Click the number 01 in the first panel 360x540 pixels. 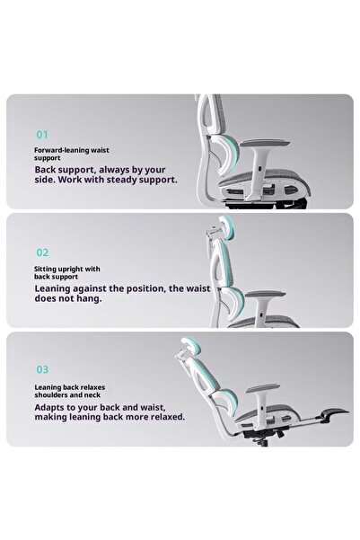click(41, 135)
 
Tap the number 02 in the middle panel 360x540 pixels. click(42, 253)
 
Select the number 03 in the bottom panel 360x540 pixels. click(42, 369)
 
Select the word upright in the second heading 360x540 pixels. click(71, 269)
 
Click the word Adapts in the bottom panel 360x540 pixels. click(53, 405)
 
